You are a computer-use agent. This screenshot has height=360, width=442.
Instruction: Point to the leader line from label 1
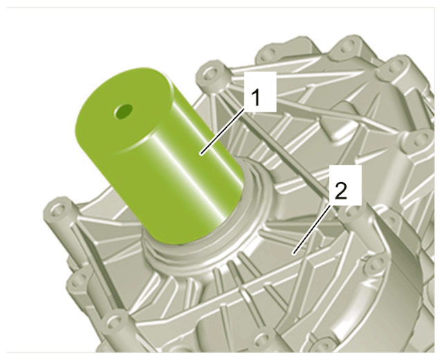click(221, 132)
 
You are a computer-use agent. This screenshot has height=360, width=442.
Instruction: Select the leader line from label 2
click(311, 229)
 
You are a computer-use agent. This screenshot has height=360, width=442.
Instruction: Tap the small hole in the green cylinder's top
click(123, 111)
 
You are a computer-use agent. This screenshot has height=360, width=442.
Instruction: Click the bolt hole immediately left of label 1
click(210, 75)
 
